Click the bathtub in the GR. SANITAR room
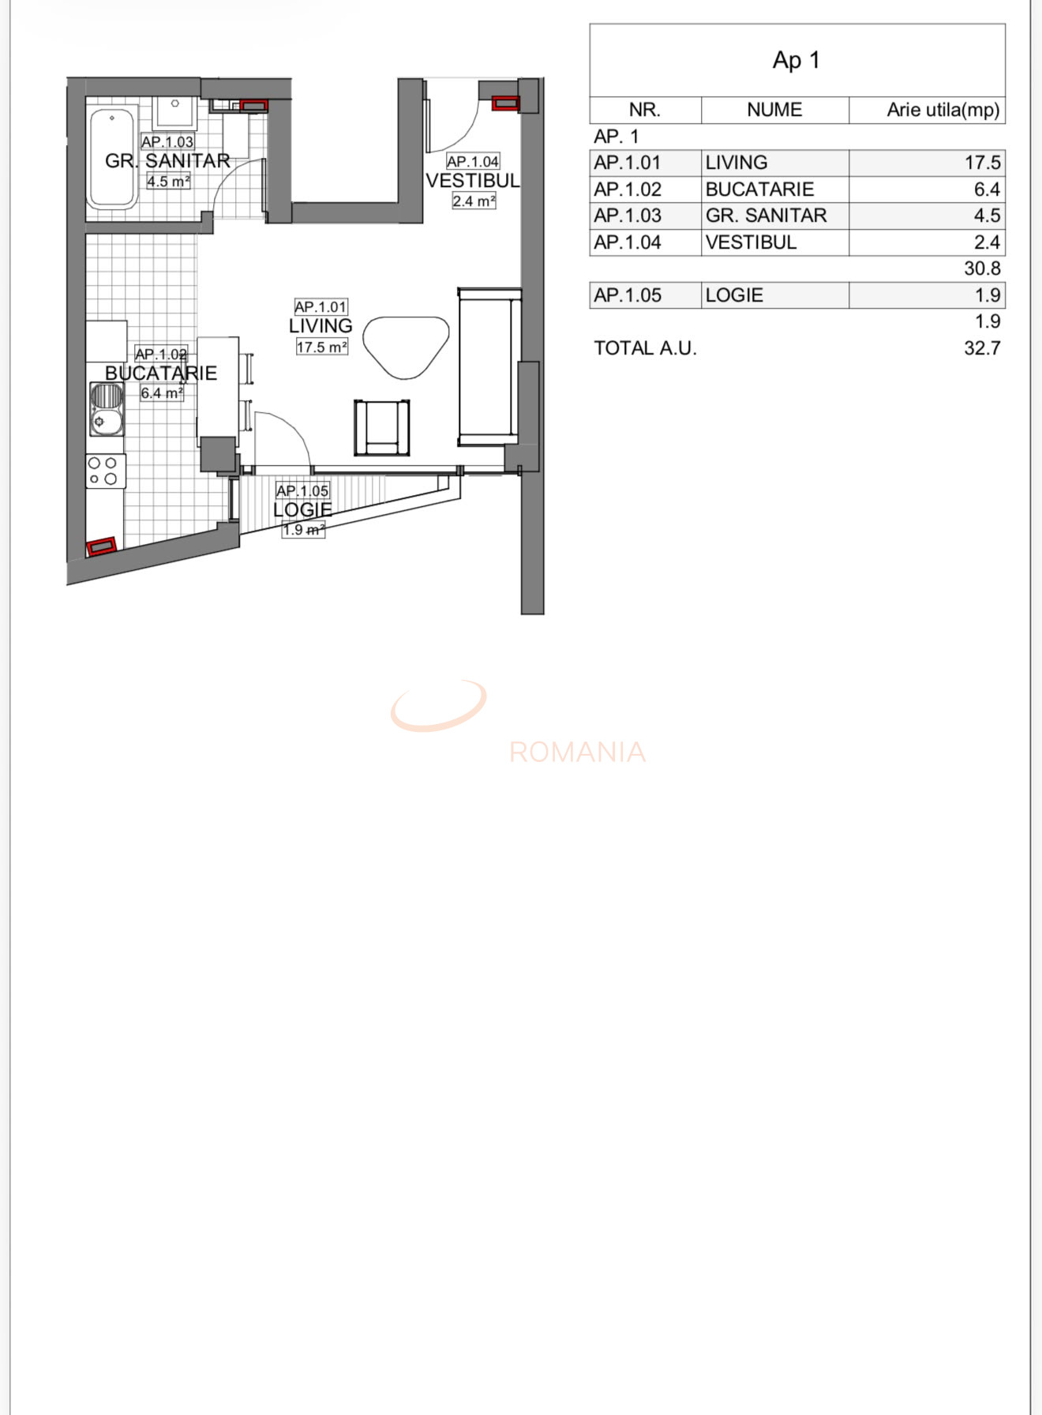pos(112,158)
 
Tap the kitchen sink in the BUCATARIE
pos(107,409)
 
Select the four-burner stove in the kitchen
pos(105,471)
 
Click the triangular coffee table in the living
pos(404,346)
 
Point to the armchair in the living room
pos(382,428)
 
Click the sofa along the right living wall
pos(488,366)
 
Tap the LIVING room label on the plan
pos(320,326)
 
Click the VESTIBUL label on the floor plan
pos(473,181)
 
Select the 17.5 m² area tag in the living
pos(322,347)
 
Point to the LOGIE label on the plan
pos(302,510)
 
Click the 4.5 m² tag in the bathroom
pos(168,181)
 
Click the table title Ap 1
pos(796,60)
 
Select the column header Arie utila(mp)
pos(943,110)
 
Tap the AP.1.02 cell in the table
pos(628,190)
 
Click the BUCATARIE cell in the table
pos(759,190)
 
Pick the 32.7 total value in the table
pos(982,348)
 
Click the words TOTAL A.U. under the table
pos(645,348)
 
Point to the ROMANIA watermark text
pos(577,752)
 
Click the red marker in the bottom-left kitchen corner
pos(101,546)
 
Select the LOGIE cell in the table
pos(734,295)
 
